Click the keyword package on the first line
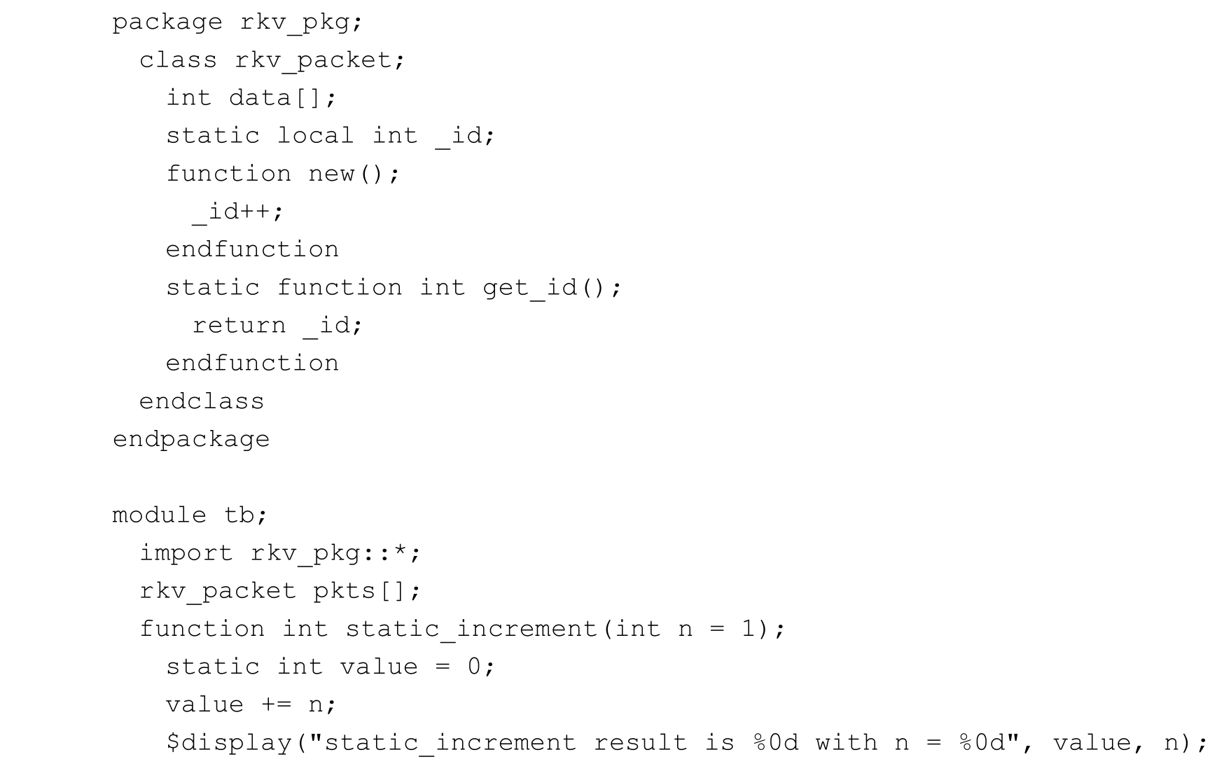tap(167, 23)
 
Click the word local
tap(315, 135)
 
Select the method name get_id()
tap(543, 288)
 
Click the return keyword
tap(239, 326)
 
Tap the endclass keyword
tap(202, 401)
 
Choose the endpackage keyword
tap(191, 440)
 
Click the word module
tap(160, 515)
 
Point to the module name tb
tap(239, 515)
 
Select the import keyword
tap(186, 553)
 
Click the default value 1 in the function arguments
tap(749, 629)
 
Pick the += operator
tap(276, 704)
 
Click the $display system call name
tap(229, 743)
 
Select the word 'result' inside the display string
tap(640, 743)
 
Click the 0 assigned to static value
tap(474, 667)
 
